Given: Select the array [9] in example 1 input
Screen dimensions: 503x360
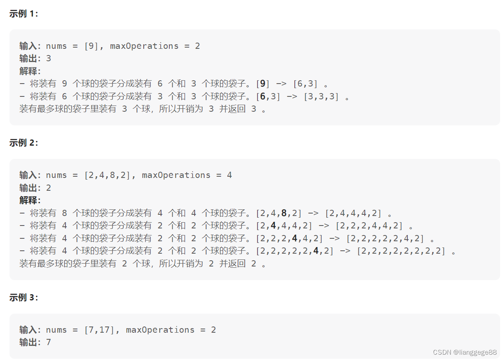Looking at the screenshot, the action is click(91, 46).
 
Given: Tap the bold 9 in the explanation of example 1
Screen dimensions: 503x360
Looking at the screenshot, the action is click(262, 84).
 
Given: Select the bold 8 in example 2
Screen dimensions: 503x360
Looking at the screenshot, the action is click(284, 213).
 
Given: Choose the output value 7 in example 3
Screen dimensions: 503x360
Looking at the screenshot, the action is click(48, 342).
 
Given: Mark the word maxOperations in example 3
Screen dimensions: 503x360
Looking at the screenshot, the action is click(160, 330).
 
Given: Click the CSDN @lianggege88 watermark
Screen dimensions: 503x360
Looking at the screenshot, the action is click(464, 352).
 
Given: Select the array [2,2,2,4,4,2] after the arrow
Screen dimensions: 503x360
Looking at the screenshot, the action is click(369, 226).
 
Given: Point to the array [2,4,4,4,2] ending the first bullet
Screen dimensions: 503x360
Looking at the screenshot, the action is click(353, 213).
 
